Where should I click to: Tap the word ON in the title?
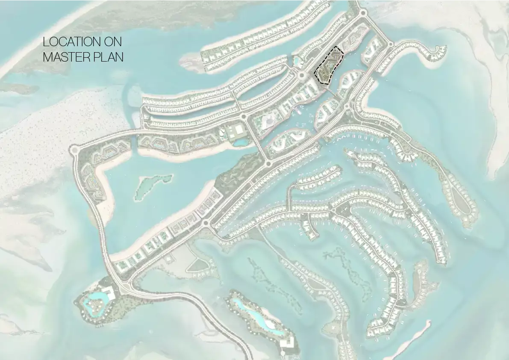coord(112,42)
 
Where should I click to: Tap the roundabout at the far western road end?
coord(74,150)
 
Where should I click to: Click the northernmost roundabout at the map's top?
coord(363,13)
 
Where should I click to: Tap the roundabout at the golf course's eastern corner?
coord(269,163)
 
